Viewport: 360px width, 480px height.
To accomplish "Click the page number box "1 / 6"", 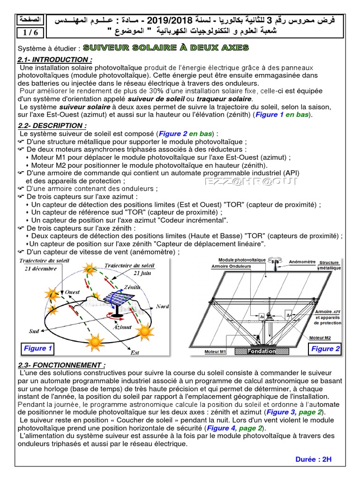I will point(29,32).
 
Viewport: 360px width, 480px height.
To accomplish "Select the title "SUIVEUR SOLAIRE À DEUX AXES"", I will point(169,48).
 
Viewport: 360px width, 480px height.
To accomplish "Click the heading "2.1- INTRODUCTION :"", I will point(54,60).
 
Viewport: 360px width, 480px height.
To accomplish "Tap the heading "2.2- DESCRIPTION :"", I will point(52,126).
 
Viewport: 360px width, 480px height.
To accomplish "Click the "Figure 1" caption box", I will point(38,348).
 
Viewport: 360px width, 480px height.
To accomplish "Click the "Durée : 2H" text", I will point(314,459).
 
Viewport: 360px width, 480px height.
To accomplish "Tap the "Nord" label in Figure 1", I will point(162,307).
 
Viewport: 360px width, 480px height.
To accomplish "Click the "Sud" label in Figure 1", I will point(34,331).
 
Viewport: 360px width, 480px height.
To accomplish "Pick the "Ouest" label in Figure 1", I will point(72,292).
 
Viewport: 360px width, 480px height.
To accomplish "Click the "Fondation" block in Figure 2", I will point(262,351).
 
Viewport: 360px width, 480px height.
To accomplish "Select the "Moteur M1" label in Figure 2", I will point(216,352).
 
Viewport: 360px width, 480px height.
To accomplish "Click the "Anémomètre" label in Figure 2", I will point(302,262).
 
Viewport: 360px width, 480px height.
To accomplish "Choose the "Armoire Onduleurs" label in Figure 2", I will point(231,266).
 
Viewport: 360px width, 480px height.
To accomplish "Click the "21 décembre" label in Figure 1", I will point(41,269).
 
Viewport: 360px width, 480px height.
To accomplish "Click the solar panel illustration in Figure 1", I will point(114,299).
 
